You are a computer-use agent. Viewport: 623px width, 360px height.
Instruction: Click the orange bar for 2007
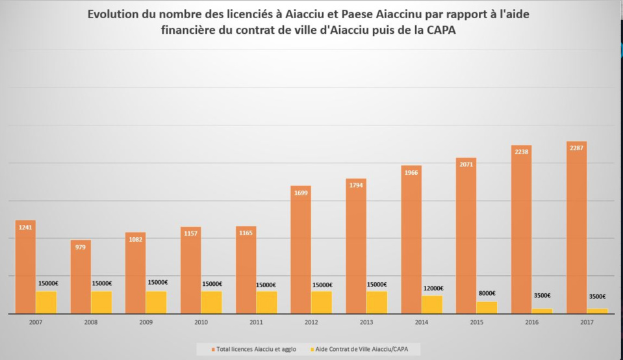[25, 267]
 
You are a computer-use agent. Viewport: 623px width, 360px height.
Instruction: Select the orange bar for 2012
[301, 250]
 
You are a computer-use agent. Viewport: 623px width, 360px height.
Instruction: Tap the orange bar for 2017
[576, 227]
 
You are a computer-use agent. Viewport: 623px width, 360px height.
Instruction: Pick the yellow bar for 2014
[432, 305]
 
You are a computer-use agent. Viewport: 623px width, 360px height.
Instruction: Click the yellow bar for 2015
[487, 307]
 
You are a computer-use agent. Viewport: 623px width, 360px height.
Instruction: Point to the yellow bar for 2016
[542, 311]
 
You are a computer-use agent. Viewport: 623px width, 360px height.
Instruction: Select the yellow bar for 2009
[157, 302]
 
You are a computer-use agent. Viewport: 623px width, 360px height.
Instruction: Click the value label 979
[81, 247]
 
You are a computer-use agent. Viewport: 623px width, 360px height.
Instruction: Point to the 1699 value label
[301, 192]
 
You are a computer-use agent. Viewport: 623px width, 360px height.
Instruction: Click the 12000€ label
[433, 289]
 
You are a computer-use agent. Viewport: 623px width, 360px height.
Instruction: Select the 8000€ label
[487, 293]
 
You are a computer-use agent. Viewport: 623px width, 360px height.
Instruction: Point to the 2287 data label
[576, 148]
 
